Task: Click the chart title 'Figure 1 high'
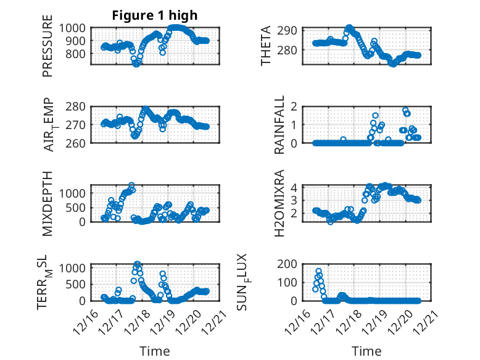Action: (155, 15)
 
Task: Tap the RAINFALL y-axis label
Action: (279, 124)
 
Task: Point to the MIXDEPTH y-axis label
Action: (48, 203)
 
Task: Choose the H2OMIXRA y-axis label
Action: (279, 203)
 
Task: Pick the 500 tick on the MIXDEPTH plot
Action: (80, 207)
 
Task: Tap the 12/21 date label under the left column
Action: (205, 320)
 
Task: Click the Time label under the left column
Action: (155, 351)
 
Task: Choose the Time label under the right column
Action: (366, 351)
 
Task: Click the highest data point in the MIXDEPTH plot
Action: (131, 185)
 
